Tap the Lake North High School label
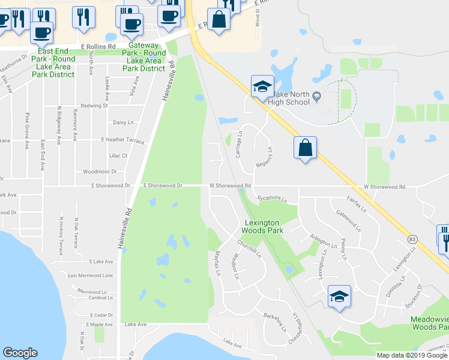[291, 98]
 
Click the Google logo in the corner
[20, 353]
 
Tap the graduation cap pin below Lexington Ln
[339, 297]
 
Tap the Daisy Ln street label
[124, 122]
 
